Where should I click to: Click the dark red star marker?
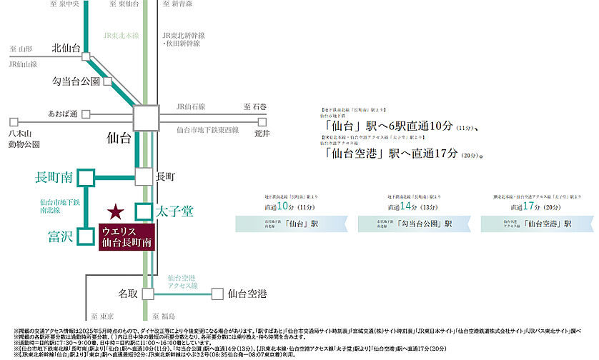(x=115, y=211)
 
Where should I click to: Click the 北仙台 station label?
(x=66, y=49)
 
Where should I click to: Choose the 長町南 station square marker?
(x=86, y=176)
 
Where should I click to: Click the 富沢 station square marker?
(x=86, y=236)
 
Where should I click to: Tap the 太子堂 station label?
(x=174, y=211)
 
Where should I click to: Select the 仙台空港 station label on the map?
(x=247, y=293)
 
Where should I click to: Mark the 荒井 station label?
(x=262, y=134)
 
